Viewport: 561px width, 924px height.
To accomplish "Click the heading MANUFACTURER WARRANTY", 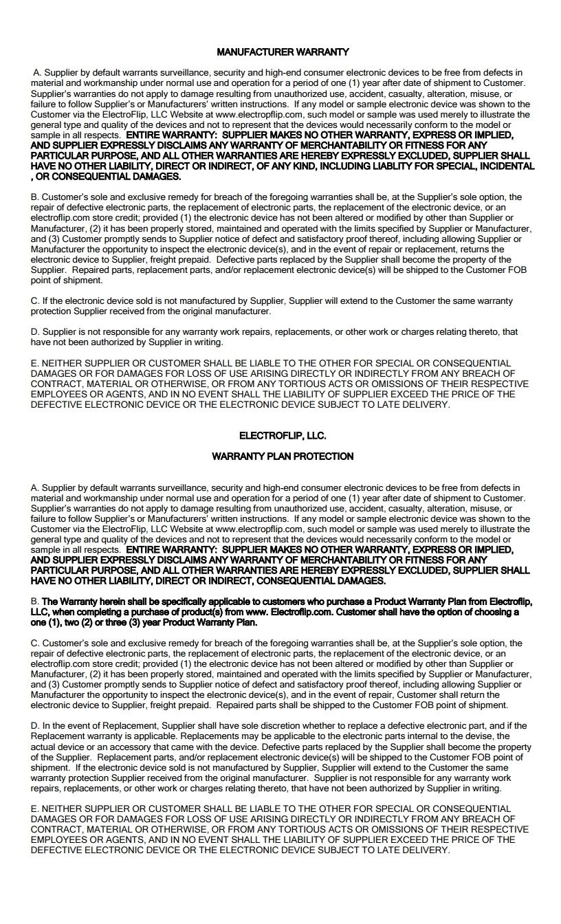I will (x=283, y=52).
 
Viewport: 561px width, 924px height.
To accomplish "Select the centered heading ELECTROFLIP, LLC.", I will (x=283, y=436).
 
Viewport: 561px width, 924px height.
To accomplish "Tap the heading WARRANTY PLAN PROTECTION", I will (x=283, y=456).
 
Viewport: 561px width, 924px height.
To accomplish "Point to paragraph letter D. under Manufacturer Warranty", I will (x=35, y=332).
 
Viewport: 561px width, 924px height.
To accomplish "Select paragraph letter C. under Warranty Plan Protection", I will (x=35, y=643).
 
